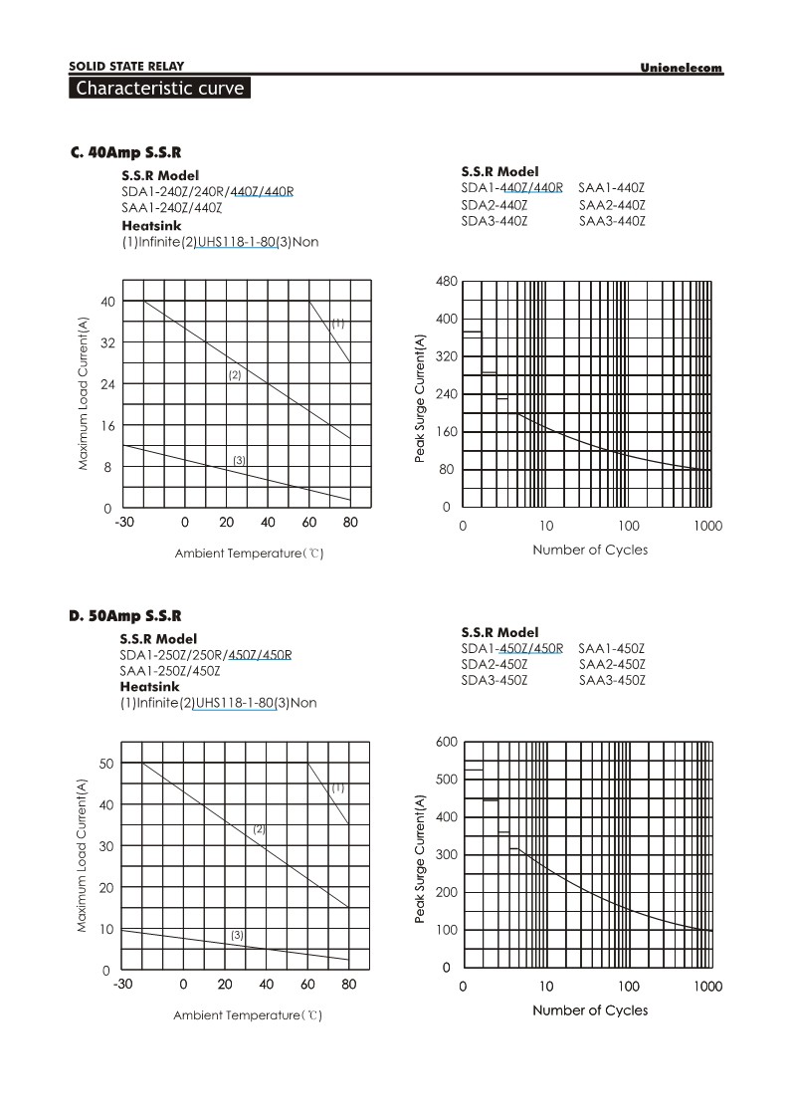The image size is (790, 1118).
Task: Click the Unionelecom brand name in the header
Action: pyautogui.click(x=682, y=68)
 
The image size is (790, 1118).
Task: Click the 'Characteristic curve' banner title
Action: pyautogui.click(x=159, y=89)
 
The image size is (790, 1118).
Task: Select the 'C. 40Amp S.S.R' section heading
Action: pyautogui.click(x=125, y=153)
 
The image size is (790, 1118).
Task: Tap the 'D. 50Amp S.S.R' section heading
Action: pyautogui.click(x=125, y=616)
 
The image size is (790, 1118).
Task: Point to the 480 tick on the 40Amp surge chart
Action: pyautogui.click(x=446, y=282)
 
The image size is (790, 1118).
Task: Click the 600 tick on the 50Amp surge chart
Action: pyautogui.click(x=446, y=743)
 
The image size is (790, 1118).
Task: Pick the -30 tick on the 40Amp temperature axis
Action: pyautogui.click(x=124, y=523)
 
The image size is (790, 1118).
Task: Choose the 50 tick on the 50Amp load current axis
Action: pyautogui.click(x=106, y=763)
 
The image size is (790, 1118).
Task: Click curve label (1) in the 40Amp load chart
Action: pyautogui.click(x=338, y=323)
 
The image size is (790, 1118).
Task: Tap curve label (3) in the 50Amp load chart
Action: pyautogui.click(x=237, y=935)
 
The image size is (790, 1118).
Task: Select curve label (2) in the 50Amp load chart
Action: pyautogui.click(x=259, y=828)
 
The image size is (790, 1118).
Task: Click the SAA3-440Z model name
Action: pyautogui.click(x=612, y=221)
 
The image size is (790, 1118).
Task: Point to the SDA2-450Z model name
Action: pyautogui.click(x=494, y=664)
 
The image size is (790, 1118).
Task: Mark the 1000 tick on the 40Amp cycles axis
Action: pyautogui.click(x=708, y=525)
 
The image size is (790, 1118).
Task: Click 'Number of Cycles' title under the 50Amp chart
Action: pyautogui.click(x=590, y=1010)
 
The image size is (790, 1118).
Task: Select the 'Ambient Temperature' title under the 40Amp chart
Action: pyautogui.click(x=249, y=553)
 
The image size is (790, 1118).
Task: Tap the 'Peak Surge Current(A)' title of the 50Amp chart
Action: pyautogui.click(x=420, y=858)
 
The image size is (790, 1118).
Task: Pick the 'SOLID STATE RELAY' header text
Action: pyautogui.click(x=126, y=66)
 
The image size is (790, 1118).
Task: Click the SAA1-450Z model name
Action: pyautogui.click(x=612, y=648)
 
